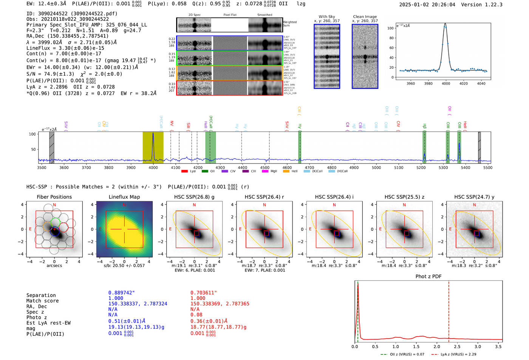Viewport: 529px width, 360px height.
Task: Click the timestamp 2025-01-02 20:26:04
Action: pyautogui.click(x=427, y=5)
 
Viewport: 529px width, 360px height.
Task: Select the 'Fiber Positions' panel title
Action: pyautogui.click(x=54, y=197)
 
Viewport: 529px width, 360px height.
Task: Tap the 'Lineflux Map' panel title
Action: pyautogui.click(x=124, y=197)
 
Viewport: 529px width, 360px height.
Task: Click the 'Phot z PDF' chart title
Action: pyautogui.click(x=428, y=277)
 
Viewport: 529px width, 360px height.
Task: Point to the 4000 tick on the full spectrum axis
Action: pyautogui.click(x=153, y=168)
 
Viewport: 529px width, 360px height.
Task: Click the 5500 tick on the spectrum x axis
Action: pyautogui.click(x=487, y=168)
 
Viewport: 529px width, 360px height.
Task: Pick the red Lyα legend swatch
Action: pyautogui.click(x=184, y=172)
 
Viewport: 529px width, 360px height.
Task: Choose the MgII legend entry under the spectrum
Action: pyautogui.click(x=271, y=172)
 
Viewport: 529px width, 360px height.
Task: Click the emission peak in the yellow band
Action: pyautogui.click(x=153, y=134)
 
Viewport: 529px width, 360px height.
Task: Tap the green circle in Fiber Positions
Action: pyautogui.click(x=55, y=222)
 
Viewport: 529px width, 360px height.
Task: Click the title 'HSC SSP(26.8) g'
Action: pyautogui.click(x=194, y=197)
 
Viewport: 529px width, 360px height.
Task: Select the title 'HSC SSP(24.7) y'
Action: pyautogui.click(x=474, y=197)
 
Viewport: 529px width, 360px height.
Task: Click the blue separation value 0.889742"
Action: pyautogui.click(x=122, y=293)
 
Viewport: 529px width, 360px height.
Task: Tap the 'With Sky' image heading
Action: pyautogui.click(x=326, y=17)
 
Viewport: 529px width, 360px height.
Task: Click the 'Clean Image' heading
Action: pyautogui.click(x=365, y=17)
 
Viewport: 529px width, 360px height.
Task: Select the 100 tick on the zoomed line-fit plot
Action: pyautogui.click(x=390, y=28)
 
